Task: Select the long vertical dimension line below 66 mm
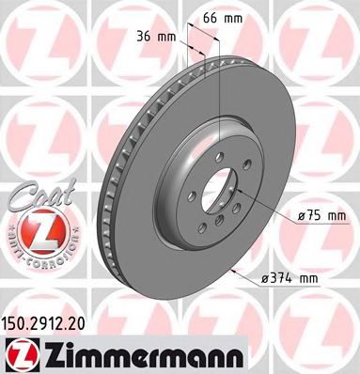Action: (x=219, y=103)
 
